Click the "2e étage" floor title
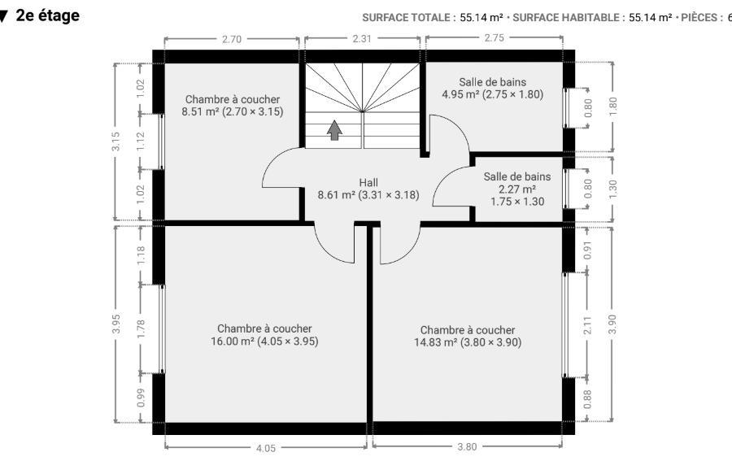48,16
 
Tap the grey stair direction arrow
334,130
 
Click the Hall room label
368,182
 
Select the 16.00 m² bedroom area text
264,341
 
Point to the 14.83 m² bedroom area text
468,342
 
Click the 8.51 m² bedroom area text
233,111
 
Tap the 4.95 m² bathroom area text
493,94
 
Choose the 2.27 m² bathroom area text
516,189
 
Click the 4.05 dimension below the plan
266,449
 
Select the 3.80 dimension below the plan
467,447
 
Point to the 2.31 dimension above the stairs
362,39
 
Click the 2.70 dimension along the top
232,39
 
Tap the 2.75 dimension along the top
494,37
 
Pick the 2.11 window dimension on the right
587,325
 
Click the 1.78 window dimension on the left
141,329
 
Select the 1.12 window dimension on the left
141,141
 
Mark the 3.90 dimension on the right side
612,324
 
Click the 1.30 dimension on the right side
612,188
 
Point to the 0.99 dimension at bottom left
141,398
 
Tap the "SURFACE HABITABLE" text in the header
566,18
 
